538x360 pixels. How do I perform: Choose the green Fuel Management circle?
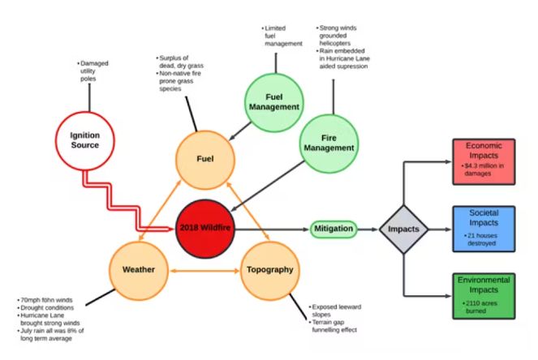pos(272,101)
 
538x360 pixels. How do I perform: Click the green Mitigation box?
pos(333,229)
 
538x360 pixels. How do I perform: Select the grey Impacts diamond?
pos(403,229)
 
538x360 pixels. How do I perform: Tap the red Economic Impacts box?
pos(483,161)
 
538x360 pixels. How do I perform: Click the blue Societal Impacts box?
pos(483,228)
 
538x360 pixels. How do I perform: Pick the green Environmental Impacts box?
pos(483,294)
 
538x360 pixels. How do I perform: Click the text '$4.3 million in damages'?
pos(485,170)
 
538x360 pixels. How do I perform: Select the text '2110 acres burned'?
pos(485,305)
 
